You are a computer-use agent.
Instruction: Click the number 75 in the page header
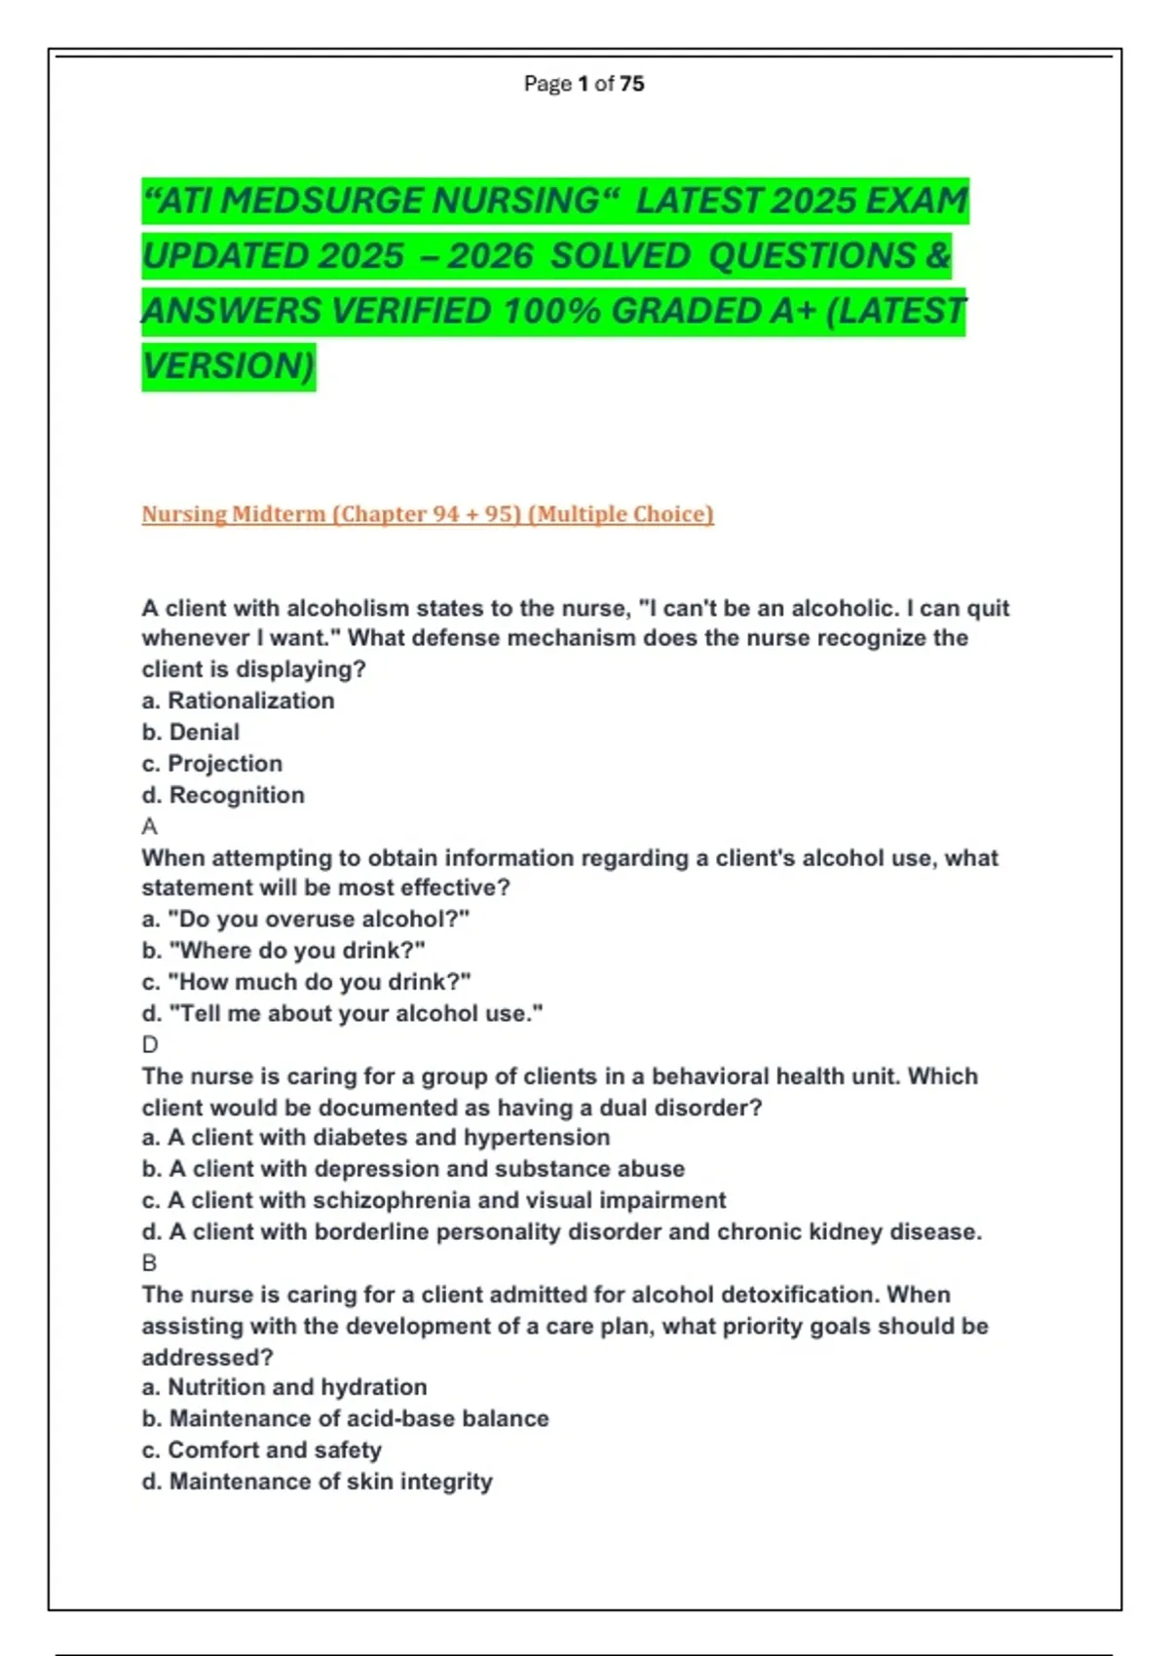point(631,84)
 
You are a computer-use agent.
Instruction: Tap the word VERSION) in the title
point(228,366)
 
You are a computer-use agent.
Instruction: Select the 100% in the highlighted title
point(551,312)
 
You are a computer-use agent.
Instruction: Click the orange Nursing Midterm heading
point(427,514)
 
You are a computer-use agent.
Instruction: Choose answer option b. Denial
point(191,733)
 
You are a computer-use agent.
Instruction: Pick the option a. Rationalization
point(238,701)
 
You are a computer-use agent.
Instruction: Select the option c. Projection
point(212,764)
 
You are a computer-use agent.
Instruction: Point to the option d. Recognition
point(223,796)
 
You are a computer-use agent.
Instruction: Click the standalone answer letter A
point(149,827)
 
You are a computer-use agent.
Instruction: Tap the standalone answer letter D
point(150,1045)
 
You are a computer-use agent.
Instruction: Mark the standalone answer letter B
point(149,1263)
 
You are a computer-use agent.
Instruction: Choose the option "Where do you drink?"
point(283,951)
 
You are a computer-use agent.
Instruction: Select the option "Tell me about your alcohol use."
point(343,1014)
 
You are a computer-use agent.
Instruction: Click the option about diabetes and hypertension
point(376,1138)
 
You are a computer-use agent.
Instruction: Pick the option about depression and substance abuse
point(413,1169)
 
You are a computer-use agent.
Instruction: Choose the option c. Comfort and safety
point(261,1450)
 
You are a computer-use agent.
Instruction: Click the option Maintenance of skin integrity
point(318,1482)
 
